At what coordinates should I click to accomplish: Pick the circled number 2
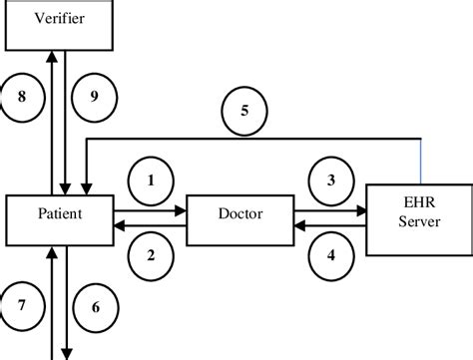(x=152, y=257)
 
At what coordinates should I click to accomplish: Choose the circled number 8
(x=21, y=97)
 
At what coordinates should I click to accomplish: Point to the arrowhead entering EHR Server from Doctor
(x=360, y=209)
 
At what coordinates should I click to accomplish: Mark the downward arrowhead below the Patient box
(x=68, y=352)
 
